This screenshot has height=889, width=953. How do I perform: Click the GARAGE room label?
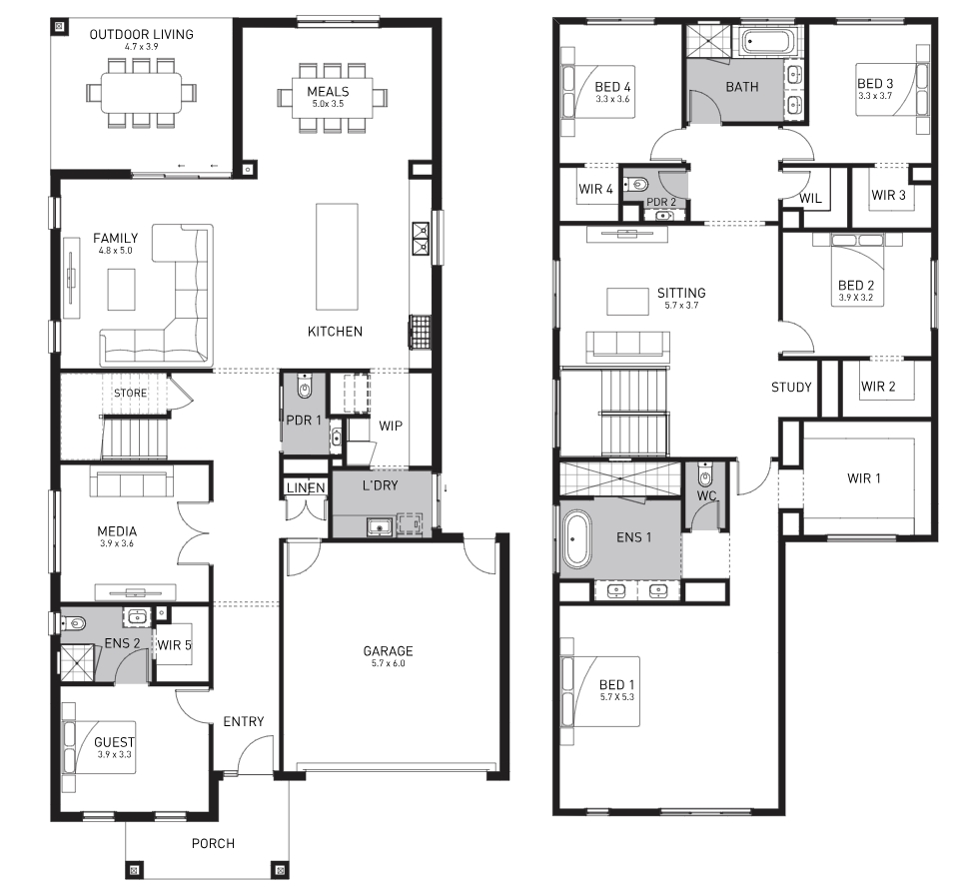388,651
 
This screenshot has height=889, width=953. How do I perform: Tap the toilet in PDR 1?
305,386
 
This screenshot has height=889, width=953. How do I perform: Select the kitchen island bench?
337,257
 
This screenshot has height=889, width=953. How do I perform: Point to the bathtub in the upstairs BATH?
766,43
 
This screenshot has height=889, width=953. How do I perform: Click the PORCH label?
213,843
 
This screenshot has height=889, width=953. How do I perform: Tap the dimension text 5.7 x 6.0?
388,663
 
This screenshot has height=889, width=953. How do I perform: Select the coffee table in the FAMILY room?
122,290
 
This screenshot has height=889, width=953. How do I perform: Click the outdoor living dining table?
141,92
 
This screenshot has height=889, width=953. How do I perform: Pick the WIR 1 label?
864,478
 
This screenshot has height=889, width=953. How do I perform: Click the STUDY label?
791,388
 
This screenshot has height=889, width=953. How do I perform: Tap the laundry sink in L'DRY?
380,526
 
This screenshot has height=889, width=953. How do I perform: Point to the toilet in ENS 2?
74,622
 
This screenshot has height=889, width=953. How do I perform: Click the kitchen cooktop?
420,332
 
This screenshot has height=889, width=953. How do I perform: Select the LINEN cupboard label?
306,487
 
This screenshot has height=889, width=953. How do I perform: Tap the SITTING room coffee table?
627,302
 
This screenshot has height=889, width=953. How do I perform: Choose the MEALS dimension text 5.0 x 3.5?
329,104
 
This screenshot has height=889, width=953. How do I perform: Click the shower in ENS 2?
78,663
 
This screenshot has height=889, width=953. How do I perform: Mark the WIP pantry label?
391,426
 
